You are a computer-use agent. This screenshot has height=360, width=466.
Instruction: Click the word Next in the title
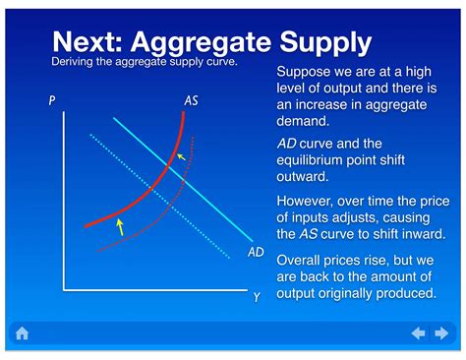click(x=92, y=41)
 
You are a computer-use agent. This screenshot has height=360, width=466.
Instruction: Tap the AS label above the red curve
click(x=192, y=100)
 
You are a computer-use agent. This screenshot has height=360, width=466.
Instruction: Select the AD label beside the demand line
click(x=256, y=253)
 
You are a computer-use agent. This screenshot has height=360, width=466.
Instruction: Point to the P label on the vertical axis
click(x=52, y=100)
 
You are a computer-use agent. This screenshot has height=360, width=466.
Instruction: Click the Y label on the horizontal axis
click(x=257, y=297)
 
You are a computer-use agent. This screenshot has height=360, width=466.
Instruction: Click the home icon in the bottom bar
click(x=22, y=333)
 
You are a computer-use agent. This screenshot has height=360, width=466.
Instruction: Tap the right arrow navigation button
click(x=442, y=333)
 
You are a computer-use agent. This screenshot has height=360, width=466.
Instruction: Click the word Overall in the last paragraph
click(x=304, y=261)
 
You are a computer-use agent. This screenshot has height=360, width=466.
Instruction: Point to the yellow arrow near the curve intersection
click(x=179, y=156)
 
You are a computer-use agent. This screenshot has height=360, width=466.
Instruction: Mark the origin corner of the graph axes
click(x=65, y=290)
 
